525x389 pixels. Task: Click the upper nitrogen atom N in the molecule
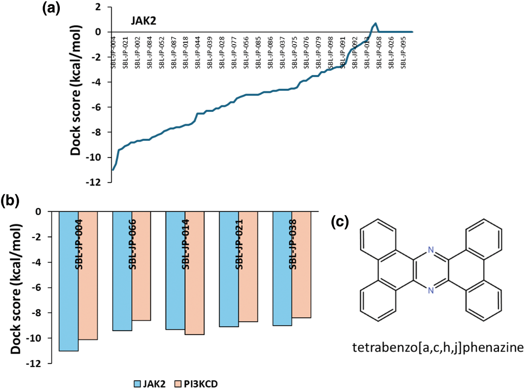(x=430, y=250)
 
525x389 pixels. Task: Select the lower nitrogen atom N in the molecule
(x=430, y=291)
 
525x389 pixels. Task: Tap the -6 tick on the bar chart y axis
(x=44, y=287)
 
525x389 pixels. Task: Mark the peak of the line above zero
(x=375, y=23)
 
